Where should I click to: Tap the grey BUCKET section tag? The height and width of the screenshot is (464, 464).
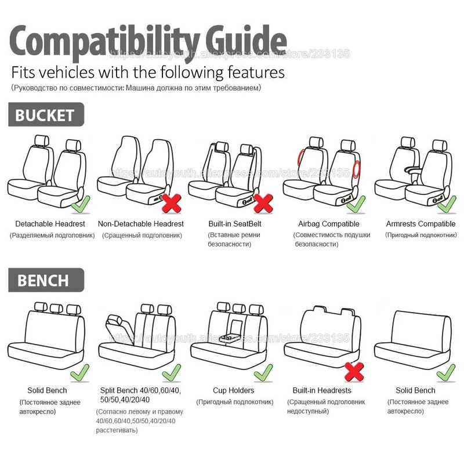[46, 114]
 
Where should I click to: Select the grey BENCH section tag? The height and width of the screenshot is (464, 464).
[43, 281]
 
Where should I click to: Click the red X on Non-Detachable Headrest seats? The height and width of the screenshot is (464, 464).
[171, 202]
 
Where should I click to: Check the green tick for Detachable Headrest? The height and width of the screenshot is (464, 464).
[80, 204]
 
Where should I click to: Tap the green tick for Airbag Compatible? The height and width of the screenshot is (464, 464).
[356, 203]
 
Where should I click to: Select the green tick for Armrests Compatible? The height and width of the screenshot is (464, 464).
[447, 203]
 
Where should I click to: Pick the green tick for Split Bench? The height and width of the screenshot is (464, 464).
[171, 371]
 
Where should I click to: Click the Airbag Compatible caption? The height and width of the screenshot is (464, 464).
[329, 224]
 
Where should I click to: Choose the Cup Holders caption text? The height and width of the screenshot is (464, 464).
[234, 390]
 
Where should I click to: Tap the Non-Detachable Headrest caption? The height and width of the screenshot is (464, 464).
[141, 224]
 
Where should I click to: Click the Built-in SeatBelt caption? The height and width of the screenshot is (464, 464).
[235, 224]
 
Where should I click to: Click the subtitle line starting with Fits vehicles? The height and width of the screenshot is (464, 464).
[148, 72]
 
